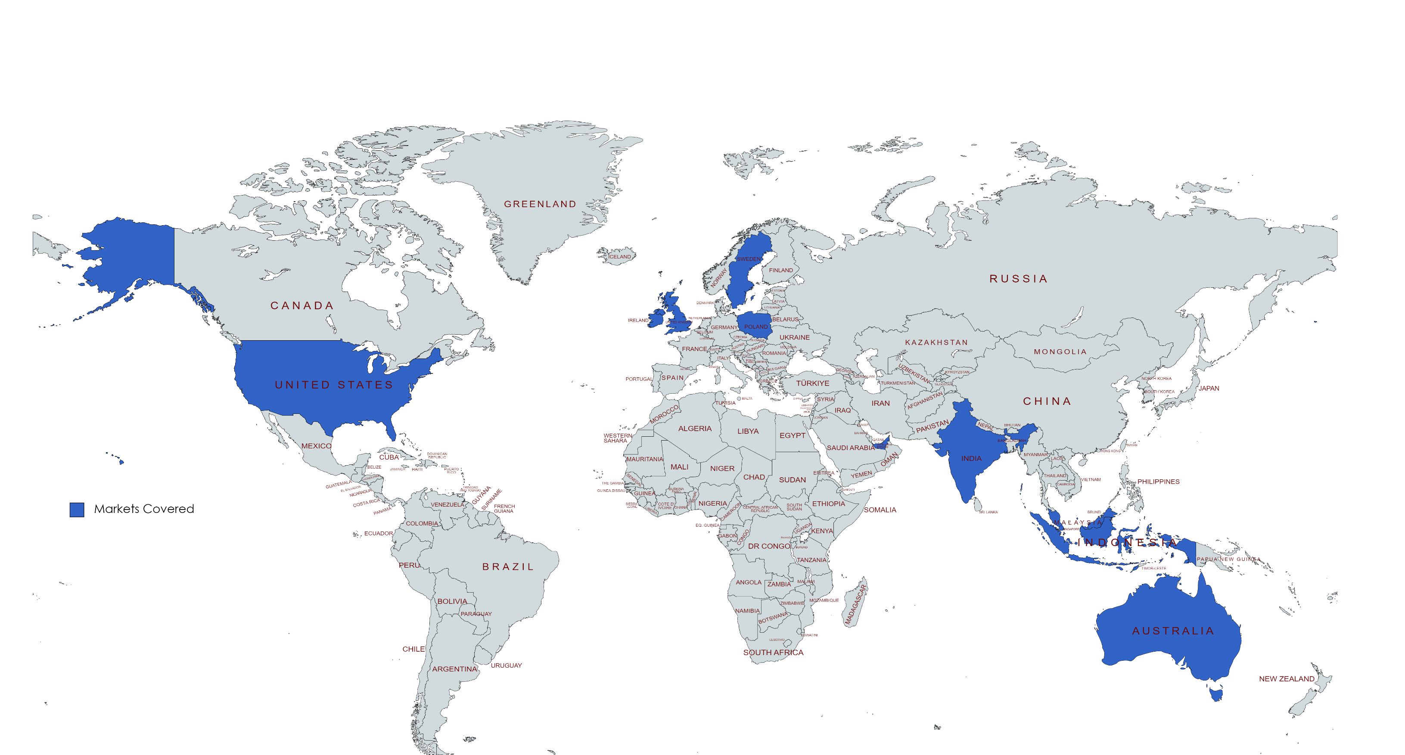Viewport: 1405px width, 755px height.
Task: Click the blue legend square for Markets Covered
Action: pyautogui.click(x=77, y=510)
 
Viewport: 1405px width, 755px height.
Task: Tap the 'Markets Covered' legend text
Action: pyautogui.click(x=144, y=509)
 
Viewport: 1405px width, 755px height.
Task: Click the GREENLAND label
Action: pyautogui.click(x=540, y=204)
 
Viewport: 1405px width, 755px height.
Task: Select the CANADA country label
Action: pyautogui.click(x=302, y=305)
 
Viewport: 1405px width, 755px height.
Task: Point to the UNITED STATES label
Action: pyautogui.click(x=334, y=385)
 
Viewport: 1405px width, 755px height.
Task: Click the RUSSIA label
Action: pyautogui.click(x=1019, y=279)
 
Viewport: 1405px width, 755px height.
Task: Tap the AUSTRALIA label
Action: pyautogui.click(x=1173, y=631)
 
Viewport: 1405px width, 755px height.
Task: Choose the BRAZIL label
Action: pyautogui.click(x=508, y=567)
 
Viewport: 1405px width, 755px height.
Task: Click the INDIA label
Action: pyautogui.click(x=971, y=458)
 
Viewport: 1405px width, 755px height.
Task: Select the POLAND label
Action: pyautogui.click(x=756, y=327)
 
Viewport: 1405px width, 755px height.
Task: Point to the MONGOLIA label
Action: pyautogui.click(x=1060, y=352)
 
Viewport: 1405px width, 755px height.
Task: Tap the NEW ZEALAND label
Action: pyautogui.click(x=1287, y=679)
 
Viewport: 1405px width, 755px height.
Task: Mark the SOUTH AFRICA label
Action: pyautogui.click(x=774, y=652)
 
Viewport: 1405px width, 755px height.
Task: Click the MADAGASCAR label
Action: pyautogui.click(x=856, y=606)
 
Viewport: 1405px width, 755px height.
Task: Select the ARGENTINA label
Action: pyautogui.click(x=454, y=669)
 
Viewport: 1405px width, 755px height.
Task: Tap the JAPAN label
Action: pyautogui.click(x=1209, y=388)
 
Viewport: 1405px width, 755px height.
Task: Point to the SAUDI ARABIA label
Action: pyautogui.click(x=851, y=448)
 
